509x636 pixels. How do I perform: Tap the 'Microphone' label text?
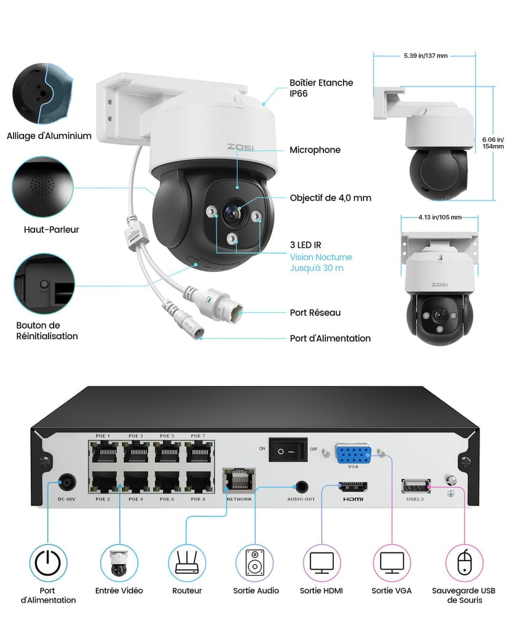315,150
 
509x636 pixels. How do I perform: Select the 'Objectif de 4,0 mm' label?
330,198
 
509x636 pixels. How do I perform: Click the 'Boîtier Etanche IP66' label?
321,88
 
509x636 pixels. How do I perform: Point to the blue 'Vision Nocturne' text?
321,257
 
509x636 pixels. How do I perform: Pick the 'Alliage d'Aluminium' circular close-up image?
42,93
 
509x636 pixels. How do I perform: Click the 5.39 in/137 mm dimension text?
425,56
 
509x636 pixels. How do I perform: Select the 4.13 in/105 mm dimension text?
440,217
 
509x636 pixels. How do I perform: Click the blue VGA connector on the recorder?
353,454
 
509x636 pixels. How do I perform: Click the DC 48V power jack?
66,484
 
